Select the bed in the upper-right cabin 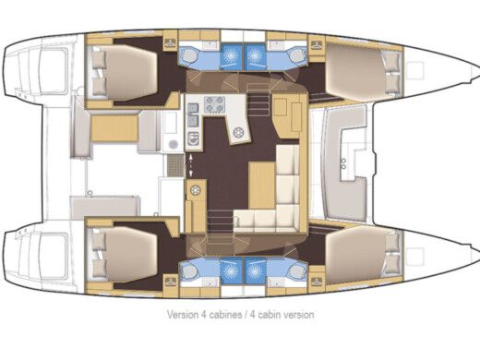point(355,72)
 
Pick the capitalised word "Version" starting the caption point(182,315)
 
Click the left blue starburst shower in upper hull point(224,54)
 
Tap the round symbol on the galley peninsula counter point(238,132)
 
